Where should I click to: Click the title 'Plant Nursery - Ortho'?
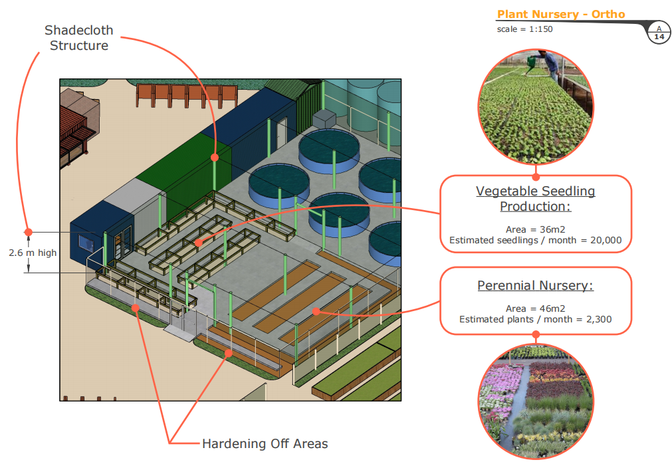point(561,14)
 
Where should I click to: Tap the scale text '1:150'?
point(541,29)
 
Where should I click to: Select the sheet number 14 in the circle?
point(659,37)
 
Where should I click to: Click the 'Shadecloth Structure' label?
point(79,38)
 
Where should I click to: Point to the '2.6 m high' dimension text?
point(33,253)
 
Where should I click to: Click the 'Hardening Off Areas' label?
point(265,443)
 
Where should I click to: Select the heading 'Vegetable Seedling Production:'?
point(535,199)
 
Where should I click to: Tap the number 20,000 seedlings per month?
point(606,240)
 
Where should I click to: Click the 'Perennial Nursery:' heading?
point(535,285)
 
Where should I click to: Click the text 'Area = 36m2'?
point(535,229)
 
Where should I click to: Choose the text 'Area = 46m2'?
point(535,308)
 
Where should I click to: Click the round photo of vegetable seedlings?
point(536,107)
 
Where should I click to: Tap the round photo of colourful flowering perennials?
point(536,402)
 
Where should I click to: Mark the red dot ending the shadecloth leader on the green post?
point(215,158)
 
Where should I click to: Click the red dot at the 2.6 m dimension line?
point(29,232)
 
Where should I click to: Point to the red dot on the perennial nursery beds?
point(316,312)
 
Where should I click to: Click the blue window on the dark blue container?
point(86,243)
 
